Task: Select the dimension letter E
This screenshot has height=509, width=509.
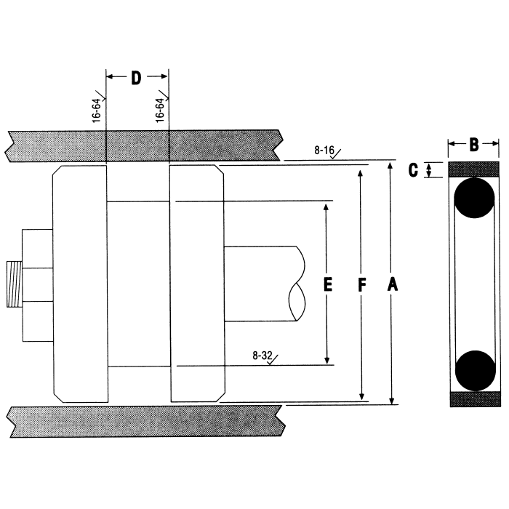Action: click(x=327, y=286)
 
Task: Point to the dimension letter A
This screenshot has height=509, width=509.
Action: click(x=393, y=286)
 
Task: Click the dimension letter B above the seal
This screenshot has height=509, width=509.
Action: click(x=473, y=145)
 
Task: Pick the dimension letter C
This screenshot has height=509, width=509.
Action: click(x=412, y=170)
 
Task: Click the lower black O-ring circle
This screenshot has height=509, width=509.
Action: click(x=474, y=371)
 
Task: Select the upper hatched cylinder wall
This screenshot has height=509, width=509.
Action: click(x=145, y=146)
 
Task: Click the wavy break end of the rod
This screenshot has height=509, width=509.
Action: click(x=297, y=284)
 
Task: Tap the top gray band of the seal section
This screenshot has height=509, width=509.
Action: click(x=474, y=169)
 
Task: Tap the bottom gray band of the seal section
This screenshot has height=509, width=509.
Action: click(x=474, y=399)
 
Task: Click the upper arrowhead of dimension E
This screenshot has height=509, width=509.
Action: click(x=327, y=207)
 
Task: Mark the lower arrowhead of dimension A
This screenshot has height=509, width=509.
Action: click(x=393, y=400)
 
